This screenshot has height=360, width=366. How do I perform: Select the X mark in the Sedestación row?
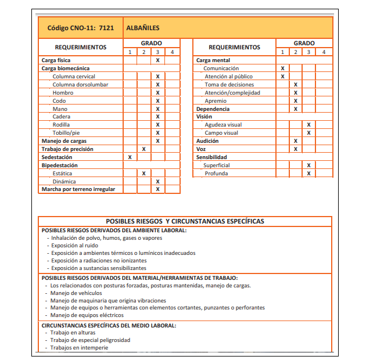coord(130,157)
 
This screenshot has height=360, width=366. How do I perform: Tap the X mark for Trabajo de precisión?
coord(143,149)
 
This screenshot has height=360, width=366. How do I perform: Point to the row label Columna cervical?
coord(74,77)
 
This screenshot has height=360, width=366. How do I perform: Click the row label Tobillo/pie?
coord(67,133)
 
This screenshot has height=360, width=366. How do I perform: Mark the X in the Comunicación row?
coord(282,69)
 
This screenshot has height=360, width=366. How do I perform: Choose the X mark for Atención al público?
coord(282,77)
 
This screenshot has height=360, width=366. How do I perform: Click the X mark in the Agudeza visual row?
coord(308,125)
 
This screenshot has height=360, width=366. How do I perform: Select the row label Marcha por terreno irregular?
coord(78,189)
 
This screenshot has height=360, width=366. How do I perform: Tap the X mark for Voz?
coord(296,149)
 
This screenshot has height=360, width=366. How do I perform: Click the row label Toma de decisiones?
coord(229,85)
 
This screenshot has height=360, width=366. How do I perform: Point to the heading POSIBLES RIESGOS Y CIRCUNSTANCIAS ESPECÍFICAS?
coord(185,221)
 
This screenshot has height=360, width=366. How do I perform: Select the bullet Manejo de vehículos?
coord(76,293)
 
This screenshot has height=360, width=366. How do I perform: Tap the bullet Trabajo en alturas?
coord(74,333)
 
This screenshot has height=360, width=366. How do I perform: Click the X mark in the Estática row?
coord(143,173)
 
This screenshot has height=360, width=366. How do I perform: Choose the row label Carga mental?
coord(213,60)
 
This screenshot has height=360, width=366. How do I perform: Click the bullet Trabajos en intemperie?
coord(79,348)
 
